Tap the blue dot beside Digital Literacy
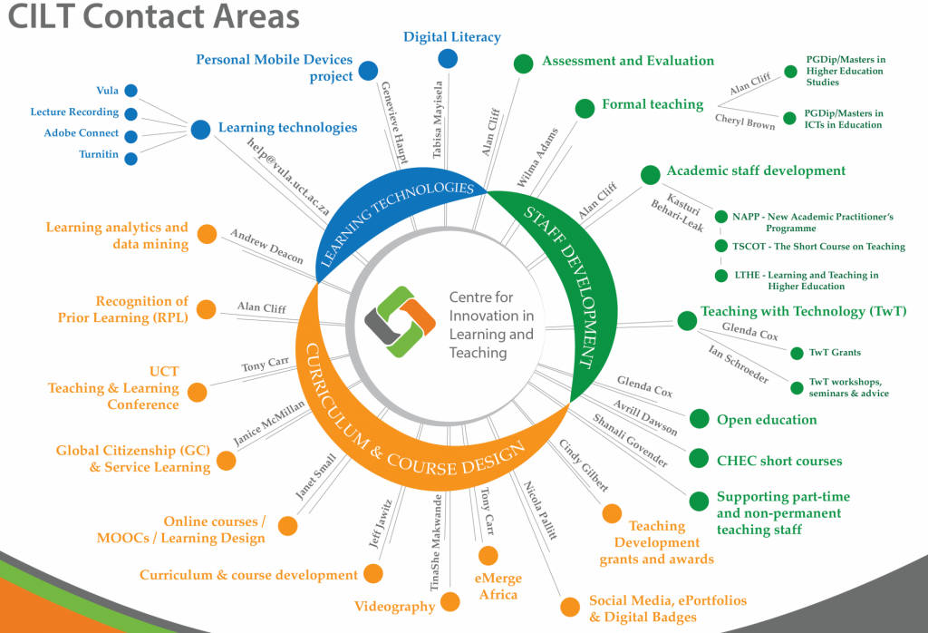(448, 59)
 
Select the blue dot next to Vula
(130, 91)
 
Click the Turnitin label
(96, 155)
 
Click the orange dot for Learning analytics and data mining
(208, 235)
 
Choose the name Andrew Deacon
(266, 247)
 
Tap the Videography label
(394, 607)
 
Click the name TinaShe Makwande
(436, 542)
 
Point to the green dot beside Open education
(699, 418)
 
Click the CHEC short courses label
(779, 462)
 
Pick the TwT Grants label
(834, 352)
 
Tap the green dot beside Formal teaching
(584, 108)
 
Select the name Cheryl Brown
(745, 122)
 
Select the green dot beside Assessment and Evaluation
(523, 63)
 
